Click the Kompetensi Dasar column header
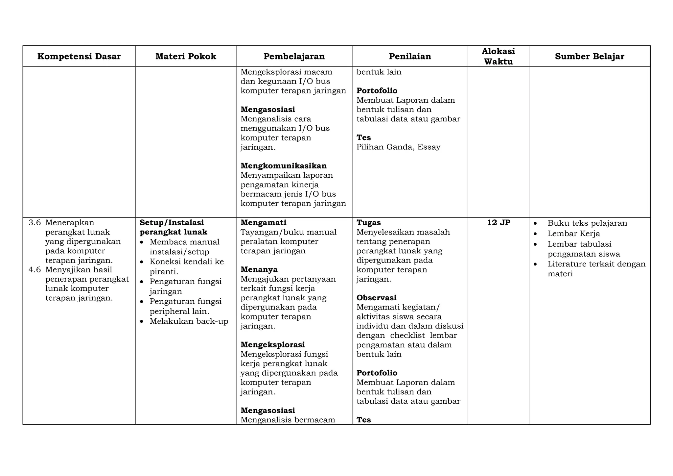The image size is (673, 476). [79, 57]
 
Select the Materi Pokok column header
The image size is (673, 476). [186, 57]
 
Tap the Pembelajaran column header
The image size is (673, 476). [294, 57]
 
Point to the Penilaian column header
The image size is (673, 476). [410, 57]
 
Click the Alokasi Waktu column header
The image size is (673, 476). [498, 56]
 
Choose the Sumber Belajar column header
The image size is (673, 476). [590, 57]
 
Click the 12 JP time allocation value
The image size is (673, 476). [499, 223]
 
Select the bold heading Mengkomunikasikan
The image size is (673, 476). [284, 166]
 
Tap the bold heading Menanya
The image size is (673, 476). [259, 270]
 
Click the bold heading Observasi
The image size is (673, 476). [376, 298]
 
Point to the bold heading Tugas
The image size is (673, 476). [368, 223]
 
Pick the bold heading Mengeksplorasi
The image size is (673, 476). [272, 345]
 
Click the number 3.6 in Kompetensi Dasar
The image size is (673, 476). [35, 223]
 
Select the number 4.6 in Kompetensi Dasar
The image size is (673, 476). [35, 270]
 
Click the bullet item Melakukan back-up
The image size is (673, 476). [189, 321]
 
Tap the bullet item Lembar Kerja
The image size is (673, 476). [573, 234]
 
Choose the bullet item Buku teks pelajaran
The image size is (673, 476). [587, 223]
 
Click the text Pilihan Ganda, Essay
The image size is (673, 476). [398, 147]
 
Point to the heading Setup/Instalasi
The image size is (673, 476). [172, 223]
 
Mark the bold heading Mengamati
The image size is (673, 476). [263, 223]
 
